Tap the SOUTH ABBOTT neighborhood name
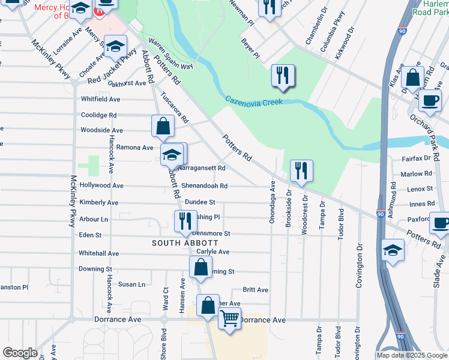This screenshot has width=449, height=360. [179, 243]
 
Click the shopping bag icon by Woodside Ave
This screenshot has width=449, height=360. [163, 126]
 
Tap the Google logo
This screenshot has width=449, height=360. [20, 353]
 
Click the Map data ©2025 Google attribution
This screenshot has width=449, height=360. [412, 355]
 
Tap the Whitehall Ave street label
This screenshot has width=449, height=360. [98, 254]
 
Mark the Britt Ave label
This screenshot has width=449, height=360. [255, 290]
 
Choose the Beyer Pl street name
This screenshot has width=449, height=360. [251, 50]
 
